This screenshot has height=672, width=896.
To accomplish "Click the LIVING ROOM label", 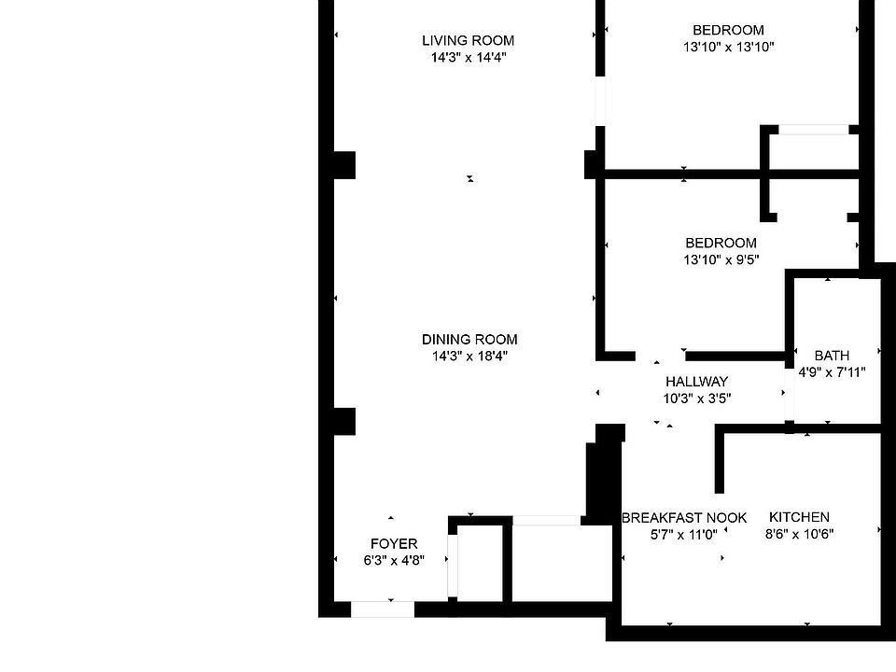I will click(x=468, y=40).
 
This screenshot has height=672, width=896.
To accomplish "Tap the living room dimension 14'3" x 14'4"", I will click(x=468, y=57).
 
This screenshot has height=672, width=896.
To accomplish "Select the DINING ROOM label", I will click(x=469, y=339).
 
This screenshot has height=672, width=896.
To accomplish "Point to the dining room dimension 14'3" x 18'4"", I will click(x=469, y=356).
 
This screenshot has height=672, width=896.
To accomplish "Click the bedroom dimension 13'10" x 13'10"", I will click(x=728, y=47).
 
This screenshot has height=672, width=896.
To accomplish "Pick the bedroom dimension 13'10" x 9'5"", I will click(x=721, y=260).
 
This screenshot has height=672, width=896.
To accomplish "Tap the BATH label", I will click(x=832, y=356).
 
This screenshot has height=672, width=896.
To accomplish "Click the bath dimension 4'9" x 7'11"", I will click(x=832, y=371).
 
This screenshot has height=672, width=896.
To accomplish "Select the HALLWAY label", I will click(x=696, y=382).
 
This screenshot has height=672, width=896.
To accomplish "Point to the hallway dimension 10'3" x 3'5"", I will click(x=696, y=399).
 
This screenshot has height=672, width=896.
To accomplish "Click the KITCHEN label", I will click(x=799, y=517).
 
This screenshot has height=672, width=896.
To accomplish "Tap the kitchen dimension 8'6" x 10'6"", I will click(x=799, y=534).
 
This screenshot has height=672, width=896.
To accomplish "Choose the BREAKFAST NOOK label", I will click(x=684, y=518).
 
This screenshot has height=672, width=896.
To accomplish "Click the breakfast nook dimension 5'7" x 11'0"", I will click(x=684, y=535).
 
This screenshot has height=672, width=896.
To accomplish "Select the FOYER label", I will click(x=394, y=544).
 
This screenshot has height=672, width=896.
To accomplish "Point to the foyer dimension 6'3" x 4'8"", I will click(x=394, y=561).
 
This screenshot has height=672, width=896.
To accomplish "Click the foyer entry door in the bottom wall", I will click(x=383, y=609).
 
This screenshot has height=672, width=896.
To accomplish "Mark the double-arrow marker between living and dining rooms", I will click(x=470, y=178).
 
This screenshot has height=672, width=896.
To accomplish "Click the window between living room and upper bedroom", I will click(x=599, y=101).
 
